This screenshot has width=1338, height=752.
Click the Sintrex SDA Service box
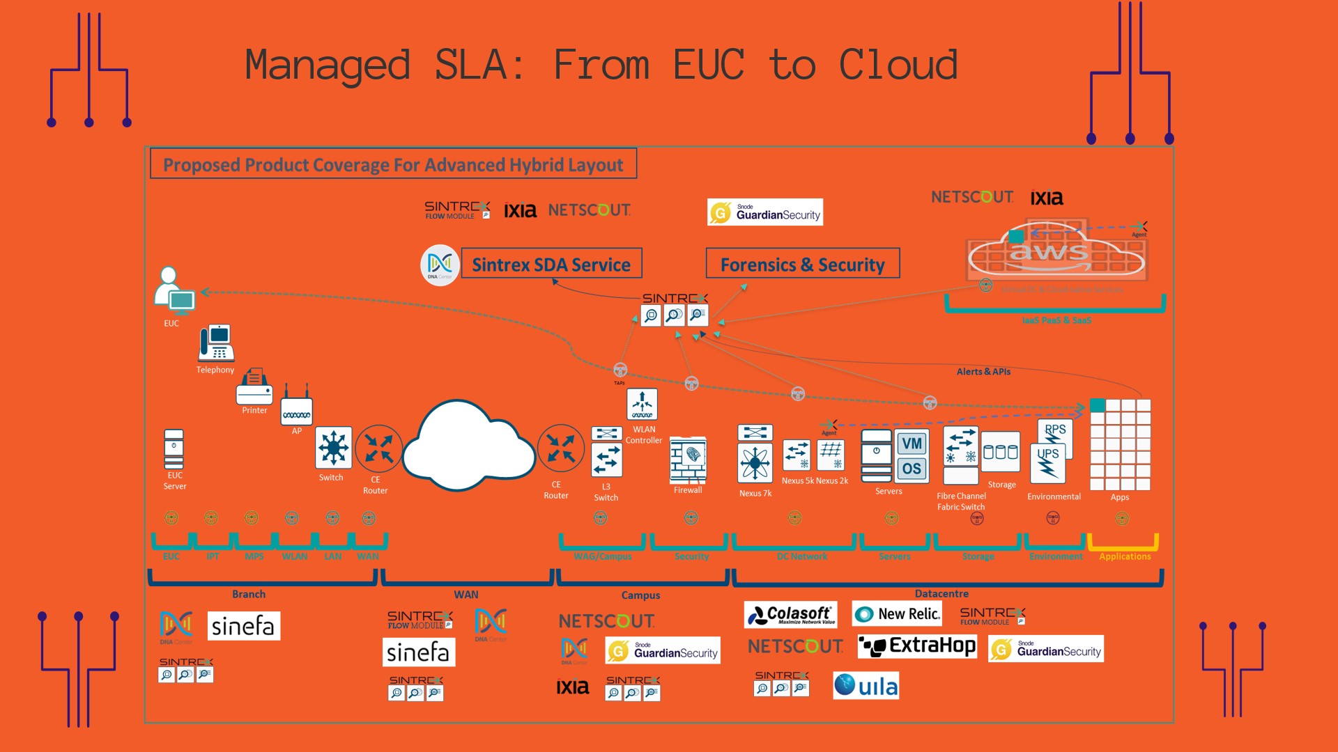click(x=551, y=264)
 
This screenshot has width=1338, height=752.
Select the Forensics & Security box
click(x=802, y=264)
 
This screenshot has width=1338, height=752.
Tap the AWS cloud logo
click(x=1055, y=252)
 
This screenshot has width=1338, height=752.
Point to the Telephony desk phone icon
click(x=216, y=343)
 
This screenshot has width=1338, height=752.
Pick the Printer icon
click(x=254, y=387)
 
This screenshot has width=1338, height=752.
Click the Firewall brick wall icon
click(x=688, y=460)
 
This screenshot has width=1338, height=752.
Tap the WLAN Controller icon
click(x=642, y=404)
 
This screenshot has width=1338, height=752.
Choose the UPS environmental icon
click(x=1048, y=463)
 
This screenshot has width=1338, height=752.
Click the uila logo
click(x=866, y=686)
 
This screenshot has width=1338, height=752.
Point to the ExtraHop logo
click(x=917, y=646)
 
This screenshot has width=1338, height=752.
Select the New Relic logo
click(x=897, y=614)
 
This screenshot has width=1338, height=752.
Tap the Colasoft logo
click(x=790, y=614)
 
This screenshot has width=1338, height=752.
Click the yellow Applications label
click(x=1125, y=556)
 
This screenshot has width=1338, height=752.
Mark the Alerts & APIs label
click(x=983, y=372)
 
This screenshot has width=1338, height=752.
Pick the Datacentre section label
click(x=941, y=594)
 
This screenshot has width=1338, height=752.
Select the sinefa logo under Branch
click(x=243, y=626)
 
